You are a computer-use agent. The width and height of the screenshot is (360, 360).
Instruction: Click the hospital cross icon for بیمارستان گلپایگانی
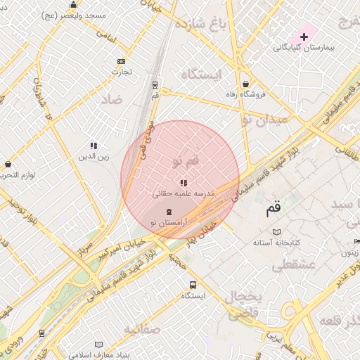(304, 36)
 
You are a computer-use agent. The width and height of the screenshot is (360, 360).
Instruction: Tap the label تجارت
(122, 72)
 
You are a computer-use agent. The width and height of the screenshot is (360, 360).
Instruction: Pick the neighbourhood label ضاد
(111, 99)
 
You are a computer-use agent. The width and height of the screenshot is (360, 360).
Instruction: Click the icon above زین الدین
(94, 146)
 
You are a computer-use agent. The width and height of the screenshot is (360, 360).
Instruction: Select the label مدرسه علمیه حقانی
(184, 193)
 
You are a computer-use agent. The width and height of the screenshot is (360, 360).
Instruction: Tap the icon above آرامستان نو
(168, 212)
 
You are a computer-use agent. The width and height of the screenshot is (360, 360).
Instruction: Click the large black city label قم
(274, 209)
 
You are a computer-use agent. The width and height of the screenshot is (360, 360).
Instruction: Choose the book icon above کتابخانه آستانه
(276, 232)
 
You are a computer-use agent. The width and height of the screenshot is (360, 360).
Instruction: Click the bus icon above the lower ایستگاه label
(193, 285)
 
